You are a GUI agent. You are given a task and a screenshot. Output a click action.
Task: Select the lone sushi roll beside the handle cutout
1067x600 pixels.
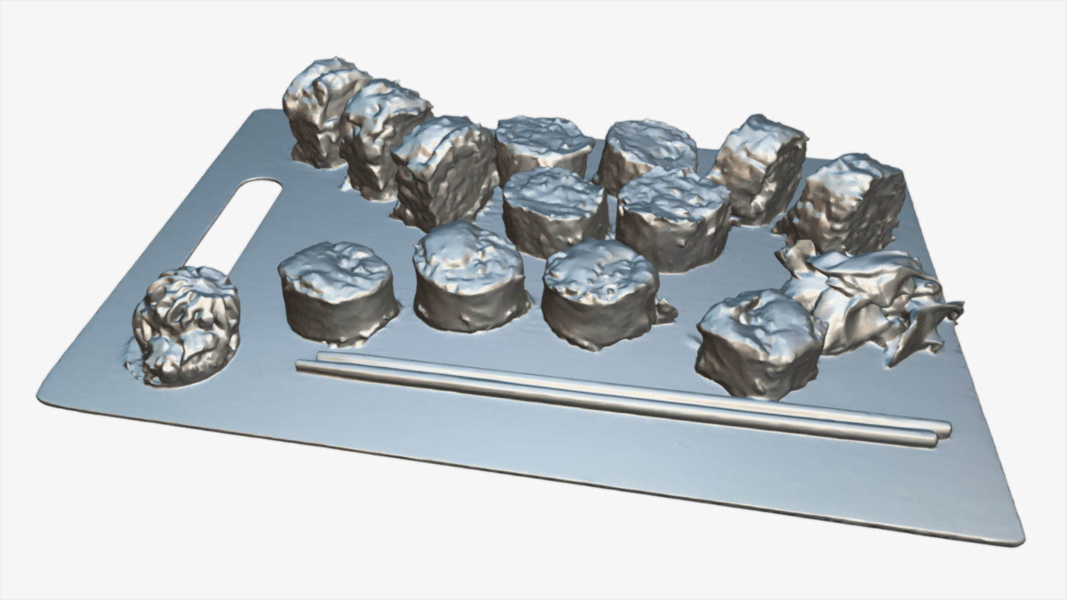coord(186,325)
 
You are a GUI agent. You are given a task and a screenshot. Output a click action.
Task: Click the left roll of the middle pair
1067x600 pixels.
coord(553,211)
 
